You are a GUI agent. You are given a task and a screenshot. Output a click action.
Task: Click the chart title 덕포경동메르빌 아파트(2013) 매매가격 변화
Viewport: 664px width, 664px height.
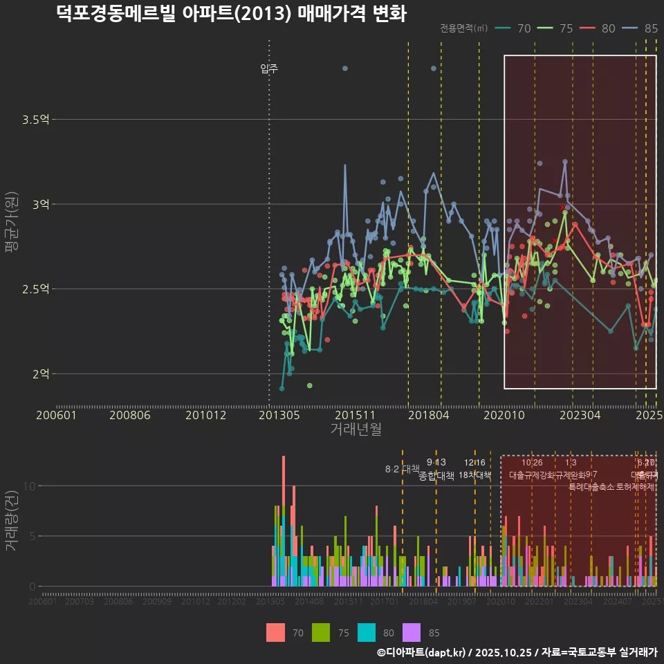click(x=231, y=14)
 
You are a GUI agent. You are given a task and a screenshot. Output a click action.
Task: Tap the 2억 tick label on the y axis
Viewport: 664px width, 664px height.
click(x=40, y=373)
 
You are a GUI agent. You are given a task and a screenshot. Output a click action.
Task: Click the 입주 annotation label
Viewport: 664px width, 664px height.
click(x=269, y=68)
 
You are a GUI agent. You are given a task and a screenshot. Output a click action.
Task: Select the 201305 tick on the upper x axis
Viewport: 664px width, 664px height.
click(x=279, y=416)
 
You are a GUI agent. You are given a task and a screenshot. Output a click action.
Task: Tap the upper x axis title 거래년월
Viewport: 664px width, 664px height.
click(x=356, y=430)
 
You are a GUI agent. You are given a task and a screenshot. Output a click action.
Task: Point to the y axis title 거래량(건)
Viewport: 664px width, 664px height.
click(x=12, y=522)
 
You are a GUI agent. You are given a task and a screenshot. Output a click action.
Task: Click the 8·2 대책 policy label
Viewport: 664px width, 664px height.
click(x=403, y=468)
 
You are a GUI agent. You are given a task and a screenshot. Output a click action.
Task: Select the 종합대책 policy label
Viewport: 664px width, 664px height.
click(x=436, y=476)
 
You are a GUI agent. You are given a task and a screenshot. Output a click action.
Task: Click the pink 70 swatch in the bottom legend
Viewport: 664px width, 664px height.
click(x=275, y=632)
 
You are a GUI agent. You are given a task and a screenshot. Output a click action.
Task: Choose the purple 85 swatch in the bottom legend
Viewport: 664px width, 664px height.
click(x=412, y=632)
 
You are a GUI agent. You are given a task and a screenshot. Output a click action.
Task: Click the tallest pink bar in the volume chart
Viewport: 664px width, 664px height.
click(x=283, y=484)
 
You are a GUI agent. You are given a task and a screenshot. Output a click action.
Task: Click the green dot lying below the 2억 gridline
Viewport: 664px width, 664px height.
click(x=309, y=385)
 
